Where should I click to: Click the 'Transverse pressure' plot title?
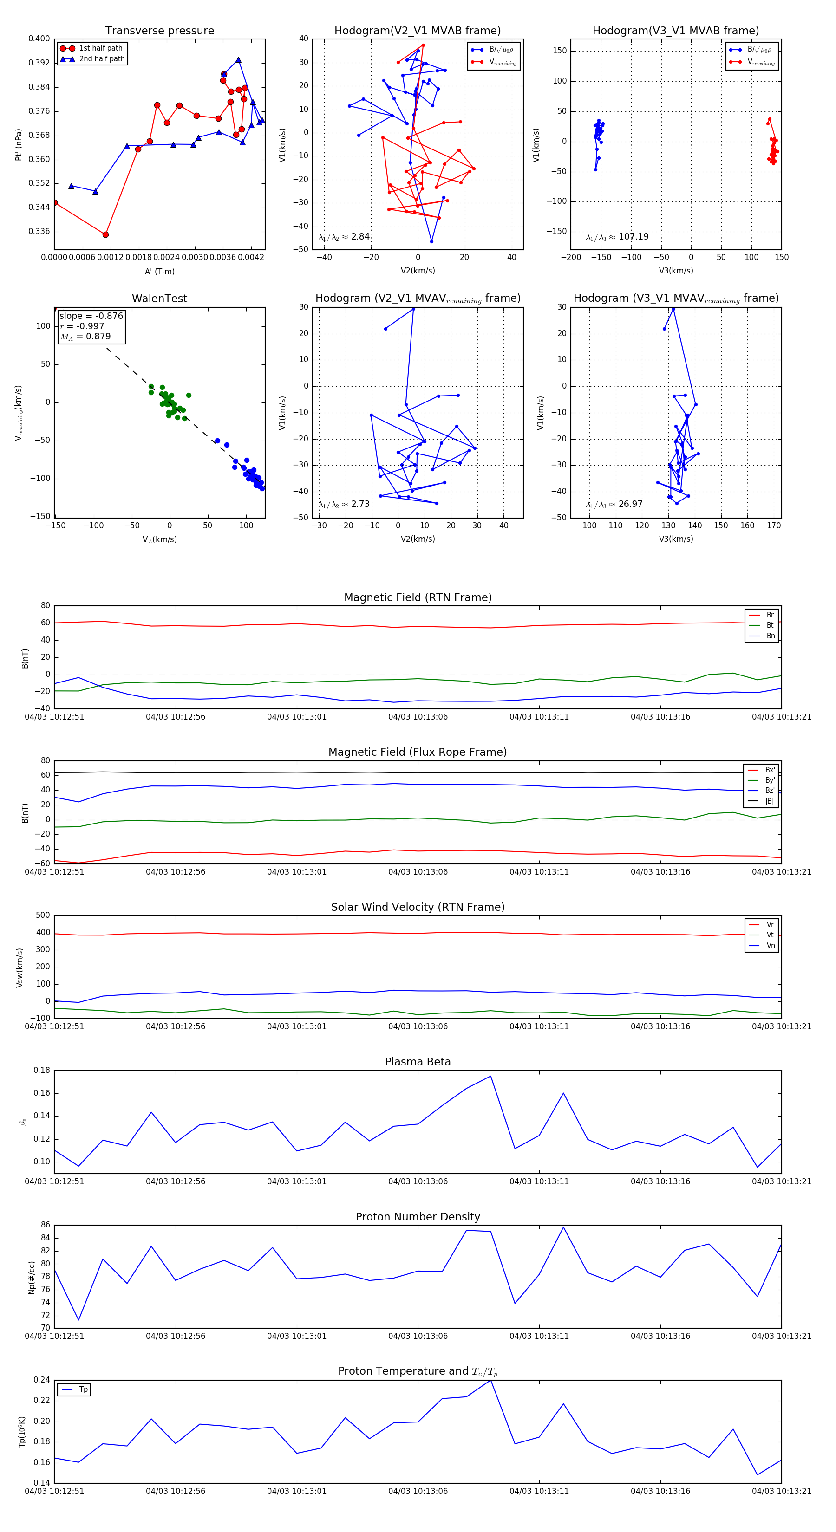[x=159, y=31]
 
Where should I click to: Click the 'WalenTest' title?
[x=159, y=299]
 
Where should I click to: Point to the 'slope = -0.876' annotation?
[x=91, y=316]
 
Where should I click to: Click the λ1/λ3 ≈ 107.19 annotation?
[x=617, y=237]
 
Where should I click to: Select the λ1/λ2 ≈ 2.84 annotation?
[x=344, y=237]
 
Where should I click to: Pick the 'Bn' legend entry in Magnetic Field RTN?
[x=770, y=636]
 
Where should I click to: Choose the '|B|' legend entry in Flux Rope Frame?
[x=770, y=801]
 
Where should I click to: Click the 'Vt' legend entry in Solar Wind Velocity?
[x=770, y=935]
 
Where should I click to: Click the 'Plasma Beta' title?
[x=418, y=1062]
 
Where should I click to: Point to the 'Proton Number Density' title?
[x=418, y=1216]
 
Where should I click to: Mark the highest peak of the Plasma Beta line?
[x=490, y=1076]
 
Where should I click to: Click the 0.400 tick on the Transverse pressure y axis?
[x=39, y=39]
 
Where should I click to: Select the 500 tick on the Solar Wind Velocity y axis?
[x=43, y=915]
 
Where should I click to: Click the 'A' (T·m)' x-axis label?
[x=159, y=271]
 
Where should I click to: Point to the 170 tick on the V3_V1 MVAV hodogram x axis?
[x=773, y=525]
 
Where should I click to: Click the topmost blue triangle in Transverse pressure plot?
[x=238, y=60]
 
